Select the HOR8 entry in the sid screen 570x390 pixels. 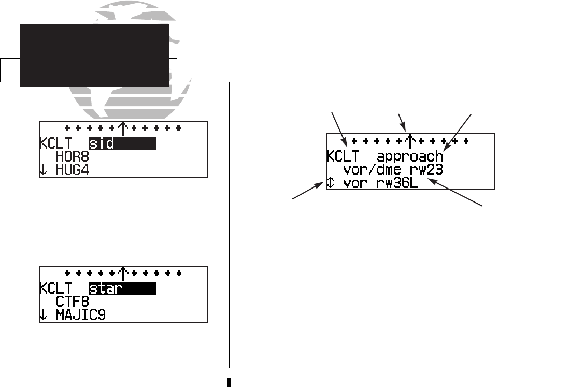(x=72, y=156)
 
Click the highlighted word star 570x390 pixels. (x=108, y=288)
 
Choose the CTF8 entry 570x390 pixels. (x=72, y=301)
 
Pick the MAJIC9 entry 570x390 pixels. (x=81, y=314)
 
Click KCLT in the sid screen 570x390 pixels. (x=55, y=143)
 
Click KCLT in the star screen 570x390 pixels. (x=55, y=288)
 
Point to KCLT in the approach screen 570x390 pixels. (x=343, y=156)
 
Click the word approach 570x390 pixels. (x=410, y=156)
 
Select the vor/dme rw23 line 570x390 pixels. (x=393, y=169)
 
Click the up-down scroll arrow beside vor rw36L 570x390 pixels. (x=330, y=183)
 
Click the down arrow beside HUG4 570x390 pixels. (x=43, y=170)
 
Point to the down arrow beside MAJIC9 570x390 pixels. (x=43, y=314)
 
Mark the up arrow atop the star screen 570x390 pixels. (x=123, y=271)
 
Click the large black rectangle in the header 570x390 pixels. (x=94, y=55)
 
